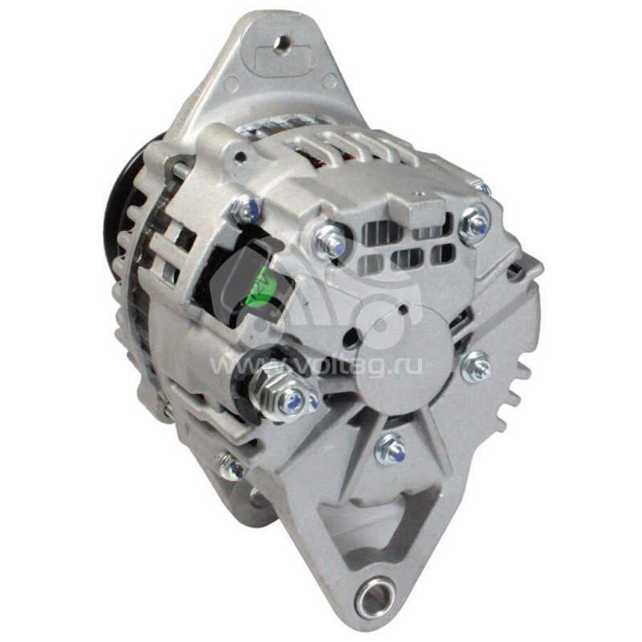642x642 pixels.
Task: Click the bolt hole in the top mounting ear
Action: [283, 44]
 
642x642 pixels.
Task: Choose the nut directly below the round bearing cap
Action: [392, 449]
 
